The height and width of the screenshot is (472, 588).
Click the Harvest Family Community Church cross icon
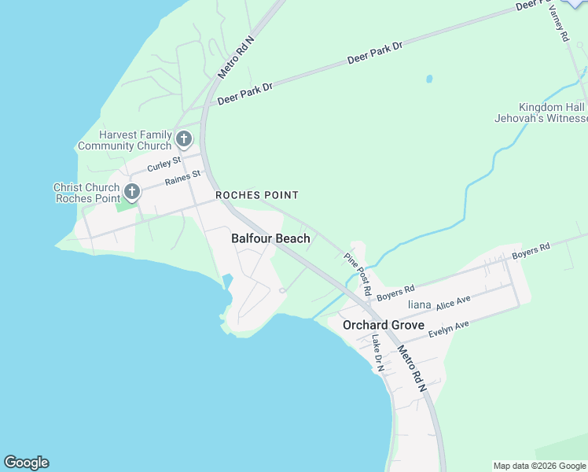click(184, 140)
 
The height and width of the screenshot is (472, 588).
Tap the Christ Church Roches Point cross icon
click(132, 192)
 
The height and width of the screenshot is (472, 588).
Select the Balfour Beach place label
click(270, 238)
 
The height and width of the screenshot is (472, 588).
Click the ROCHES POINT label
click(257, 195)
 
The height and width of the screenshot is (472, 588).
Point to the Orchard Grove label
click(384, 325)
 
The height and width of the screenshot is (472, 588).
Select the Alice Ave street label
click(453, 302)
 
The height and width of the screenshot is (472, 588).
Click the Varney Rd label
click(558, 21)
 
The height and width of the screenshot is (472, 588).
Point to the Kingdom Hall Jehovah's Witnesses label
click(553, 112)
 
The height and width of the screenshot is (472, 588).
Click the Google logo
click(26, 463)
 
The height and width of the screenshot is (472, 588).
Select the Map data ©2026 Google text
click(539, 466)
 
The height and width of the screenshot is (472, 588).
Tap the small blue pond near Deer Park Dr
click(428, 79)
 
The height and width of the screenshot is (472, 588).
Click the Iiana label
click(419, 304)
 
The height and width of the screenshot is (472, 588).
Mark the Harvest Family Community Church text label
click(124, 140)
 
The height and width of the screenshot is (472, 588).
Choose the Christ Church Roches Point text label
click(86, 193)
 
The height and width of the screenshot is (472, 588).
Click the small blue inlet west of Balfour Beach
click(227, 282)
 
